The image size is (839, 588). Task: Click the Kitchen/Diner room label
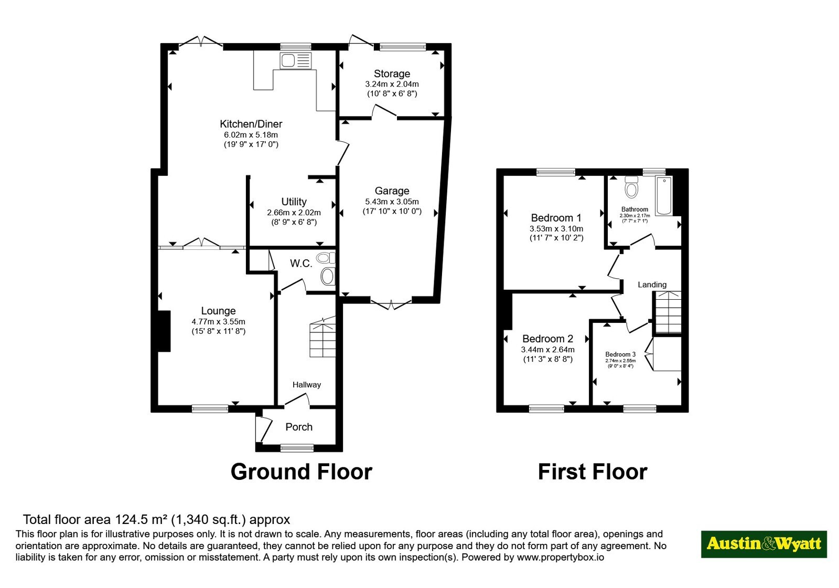(x=251, y=124)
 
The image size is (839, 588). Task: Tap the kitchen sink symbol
(x=296, y=61)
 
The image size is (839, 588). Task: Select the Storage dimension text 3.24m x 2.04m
(x=392, y=85)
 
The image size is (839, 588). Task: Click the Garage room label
(x=392, y=191)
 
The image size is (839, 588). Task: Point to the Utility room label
(x=294, y=202)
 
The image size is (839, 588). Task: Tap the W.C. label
(x=301, y=264)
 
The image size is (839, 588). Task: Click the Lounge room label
(x=218, y=311)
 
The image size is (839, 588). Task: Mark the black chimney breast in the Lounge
(x=164, y=331)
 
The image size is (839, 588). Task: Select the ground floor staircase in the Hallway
(x=322, y=337)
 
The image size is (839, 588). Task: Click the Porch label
(x=299, y=427)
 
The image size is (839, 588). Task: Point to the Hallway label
(x=307, y=385)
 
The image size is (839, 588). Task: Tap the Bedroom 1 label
(x=556, y=218)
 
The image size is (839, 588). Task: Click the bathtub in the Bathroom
(x=664, y=195)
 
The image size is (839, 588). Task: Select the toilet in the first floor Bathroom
(x=631, y=187)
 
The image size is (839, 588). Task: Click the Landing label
(x=652, y=285)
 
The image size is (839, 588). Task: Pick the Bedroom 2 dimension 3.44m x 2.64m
(x=547, y=350)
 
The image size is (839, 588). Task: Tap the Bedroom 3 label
(x=620, y=354)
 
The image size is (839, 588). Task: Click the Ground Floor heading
(x=302, y=472)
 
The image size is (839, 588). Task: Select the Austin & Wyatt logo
(x=764, y=544)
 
